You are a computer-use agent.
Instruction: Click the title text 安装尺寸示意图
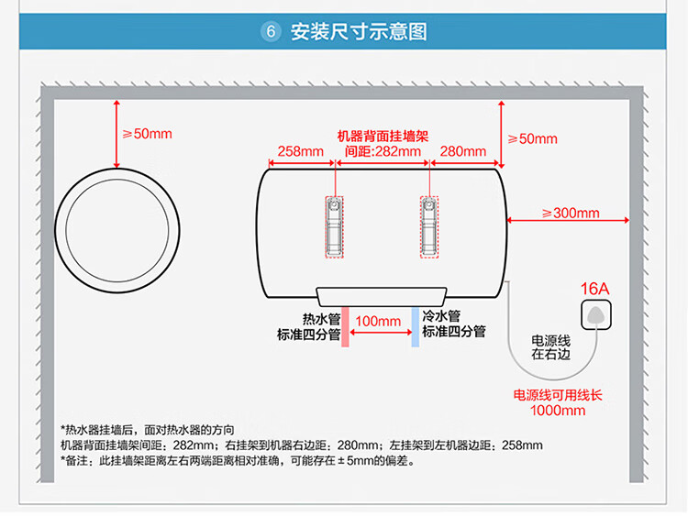(x=359, y=32)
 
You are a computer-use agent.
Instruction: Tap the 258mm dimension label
(x=301, y=151)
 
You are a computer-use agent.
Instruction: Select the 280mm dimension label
(x=463, y=151)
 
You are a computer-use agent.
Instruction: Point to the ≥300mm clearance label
(x=570, y=214)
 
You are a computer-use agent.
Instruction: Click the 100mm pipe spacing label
(x=378, y=321)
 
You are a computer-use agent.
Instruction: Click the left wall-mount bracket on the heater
(x=334, y=225)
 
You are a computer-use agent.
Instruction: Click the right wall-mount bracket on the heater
(x=427, y=225)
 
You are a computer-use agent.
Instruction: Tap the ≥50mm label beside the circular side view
(x=147, y=134)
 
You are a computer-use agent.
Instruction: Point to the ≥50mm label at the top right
(x=532, y=139)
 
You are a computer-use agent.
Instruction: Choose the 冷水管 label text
(x=441, y=315)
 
